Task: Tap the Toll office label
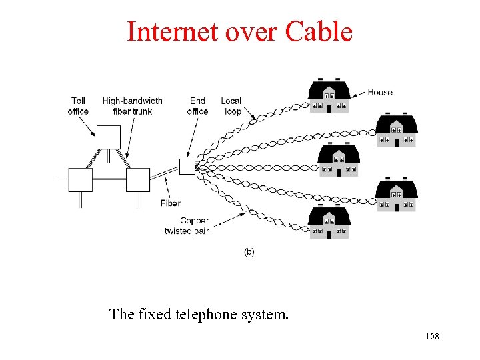[x=78, y=106]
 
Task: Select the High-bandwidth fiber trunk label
[x=132, y=106]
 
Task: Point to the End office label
[x=197, y=106]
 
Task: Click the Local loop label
[x=231, y=106]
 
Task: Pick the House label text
[x=380, y=92]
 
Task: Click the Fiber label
[x=170, y=203]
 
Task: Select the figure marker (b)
[x=249, y=252]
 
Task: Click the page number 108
[x=431, y=337]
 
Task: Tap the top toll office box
[x=109, y=137]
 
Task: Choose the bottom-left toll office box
[x=80, y=180]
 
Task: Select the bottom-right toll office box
[x=137, y=180]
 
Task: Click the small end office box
[x=187, y=167]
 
